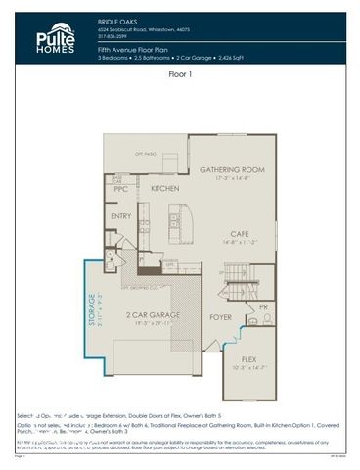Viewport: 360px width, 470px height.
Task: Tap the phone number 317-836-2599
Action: pos(114,34)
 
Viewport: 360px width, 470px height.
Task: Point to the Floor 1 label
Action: pos(179,73)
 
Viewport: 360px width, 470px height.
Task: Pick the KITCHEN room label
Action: pos(163,187)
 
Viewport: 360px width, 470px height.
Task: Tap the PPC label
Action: pos(121,189)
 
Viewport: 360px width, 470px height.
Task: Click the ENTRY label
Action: pos(122,216)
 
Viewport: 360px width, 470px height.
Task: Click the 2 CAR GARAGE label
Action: pos(150,316)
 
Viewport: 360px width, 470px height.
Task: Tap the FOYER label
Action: pos(220,317)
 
